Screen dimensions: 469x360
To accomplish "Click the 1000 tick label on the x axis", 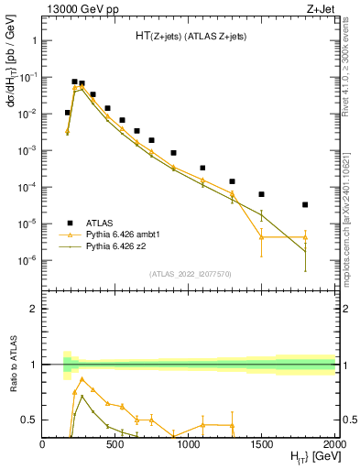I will pyautogui.click(x=189, y=444).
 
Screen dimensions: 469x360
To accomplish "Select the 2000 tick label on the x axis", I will pyautogui.click(x=334, y=444).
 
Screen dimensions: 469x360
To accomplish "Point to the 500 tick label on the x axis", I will pyautogui.click(x=115, y=444).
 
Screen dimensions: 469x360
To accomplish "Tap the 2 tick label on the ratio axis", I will pyautogui.click(x=33, y=309).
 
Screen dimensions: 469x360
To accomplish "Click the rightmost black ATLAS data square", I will pyautogui.click(x=305, y=204).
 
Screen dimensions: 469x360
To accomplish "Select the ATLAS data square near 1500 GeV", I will pyautogui.click(x=261, y=194).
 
